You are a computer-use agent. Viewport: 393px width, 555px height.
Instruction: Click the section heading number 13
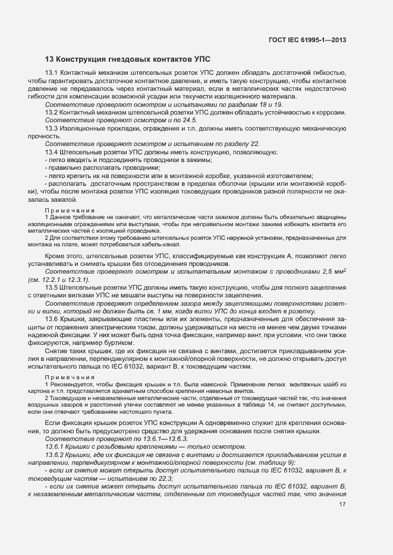[49, 59]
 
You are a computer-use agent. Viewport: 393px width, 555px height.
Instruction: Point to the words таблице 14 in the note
[251, 404]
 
